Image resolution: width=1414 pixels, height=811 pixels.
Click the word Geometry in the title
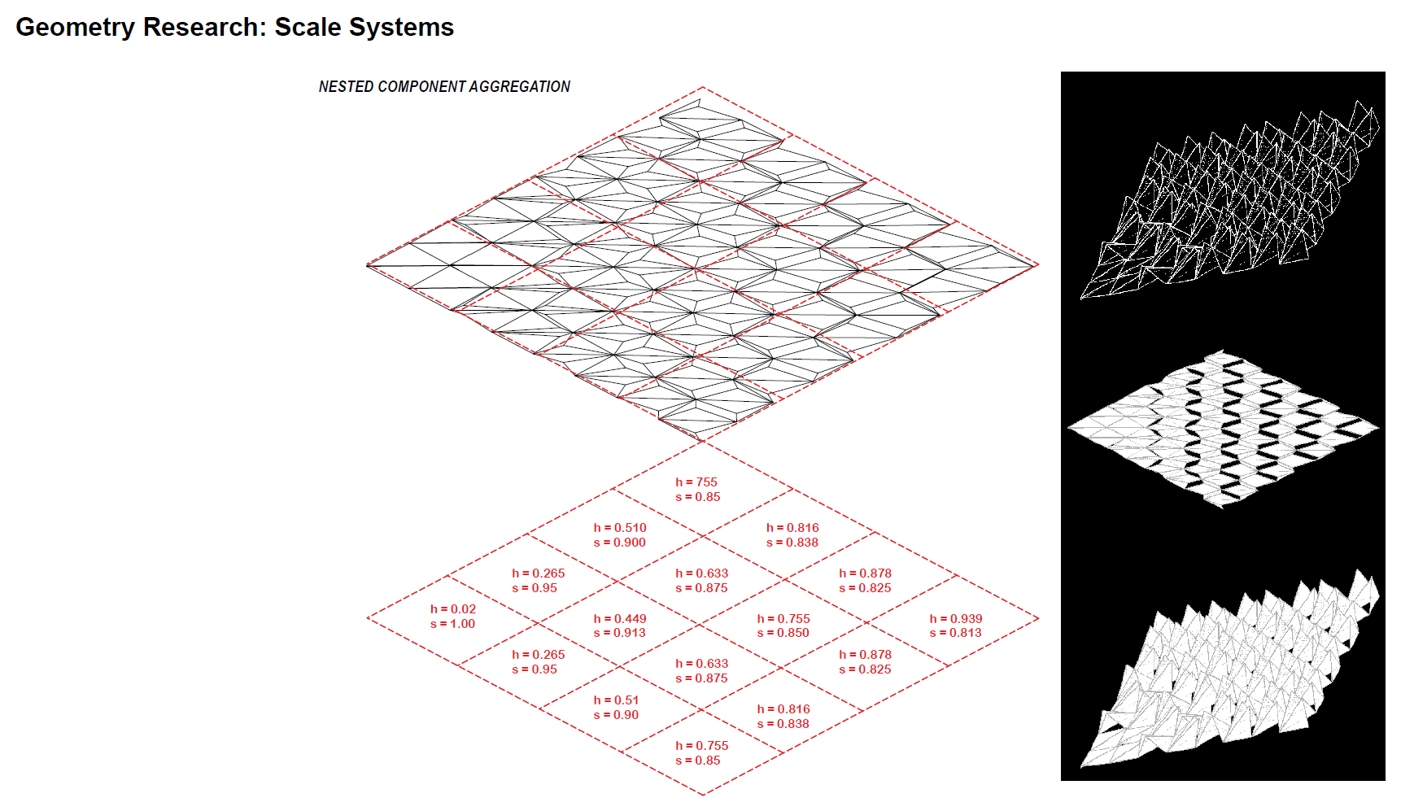point(75,28)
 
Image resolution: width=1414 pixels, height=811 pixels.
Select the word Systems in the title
point(401,28)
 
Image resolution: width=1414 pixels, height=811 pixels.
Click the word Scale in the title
point(307,28)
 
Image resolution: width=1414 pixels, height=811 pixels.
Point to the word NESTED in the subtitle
point(346,87)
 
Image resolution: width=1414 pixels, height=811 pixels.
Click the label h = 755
point(696,482)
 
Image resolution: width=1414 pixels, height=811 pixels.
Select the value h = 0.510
point(620,528)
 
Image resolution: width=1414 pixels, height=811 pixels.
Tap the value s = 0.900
point(620,543)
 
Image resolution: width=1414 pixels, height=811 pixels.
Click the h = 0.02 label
point(453,609)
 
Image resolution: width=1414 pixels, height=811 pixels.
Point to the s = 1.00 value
point(453,624)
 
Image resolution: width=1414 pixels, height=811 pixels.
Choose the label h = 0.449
point(620,619)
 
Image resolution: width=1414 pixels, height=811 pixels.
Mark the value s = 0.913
point(620,633)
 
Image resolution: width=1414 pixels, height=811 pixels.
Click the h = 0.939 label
point(956,619)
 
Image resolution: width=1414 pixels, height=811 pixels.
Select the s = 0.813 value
point(956,633)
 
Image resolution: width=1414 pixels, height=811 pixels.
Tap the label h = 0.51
point(616,700)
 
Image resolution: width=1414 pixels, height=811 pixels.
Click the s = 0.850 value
point(783,633)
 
